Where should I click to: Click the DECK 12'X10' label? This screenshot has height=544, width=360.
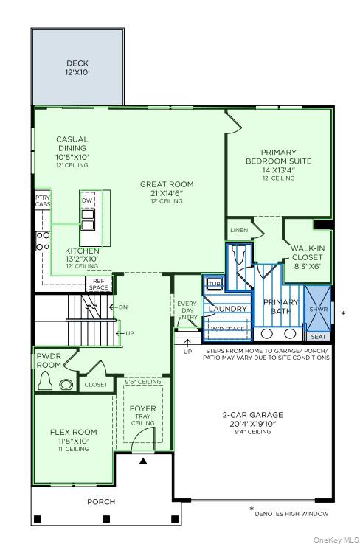[77, 68]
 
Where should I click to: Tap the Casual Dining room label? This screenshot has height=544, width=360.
[72, 151]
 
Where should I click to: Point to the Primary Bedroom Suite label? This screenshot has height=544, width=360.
[280, 164]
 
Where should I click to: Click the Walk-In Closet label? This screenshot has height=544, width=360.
[308, 257]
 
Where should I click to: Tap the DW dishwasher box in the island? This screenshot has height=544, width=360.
[87, 200]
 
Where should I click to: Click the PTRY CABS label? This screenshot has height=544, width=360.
[42, 201]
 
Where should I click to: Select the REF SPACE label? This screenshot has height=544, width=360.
[99, 285]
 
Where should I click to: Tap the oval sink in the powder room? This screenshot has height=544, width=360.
[67, 384]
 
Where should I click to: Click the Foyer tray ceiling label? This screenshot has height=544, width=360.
[142, 414]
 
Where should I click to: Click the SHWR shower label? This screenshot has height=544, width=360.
[319, 310]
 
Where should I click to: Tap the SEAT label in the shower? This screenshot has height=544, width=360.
[318, 337]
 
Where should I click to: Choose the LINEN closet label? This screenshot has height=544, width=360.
[239, 230]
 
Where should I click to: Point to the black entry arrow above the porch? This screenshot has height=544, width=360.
[144, 461]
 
